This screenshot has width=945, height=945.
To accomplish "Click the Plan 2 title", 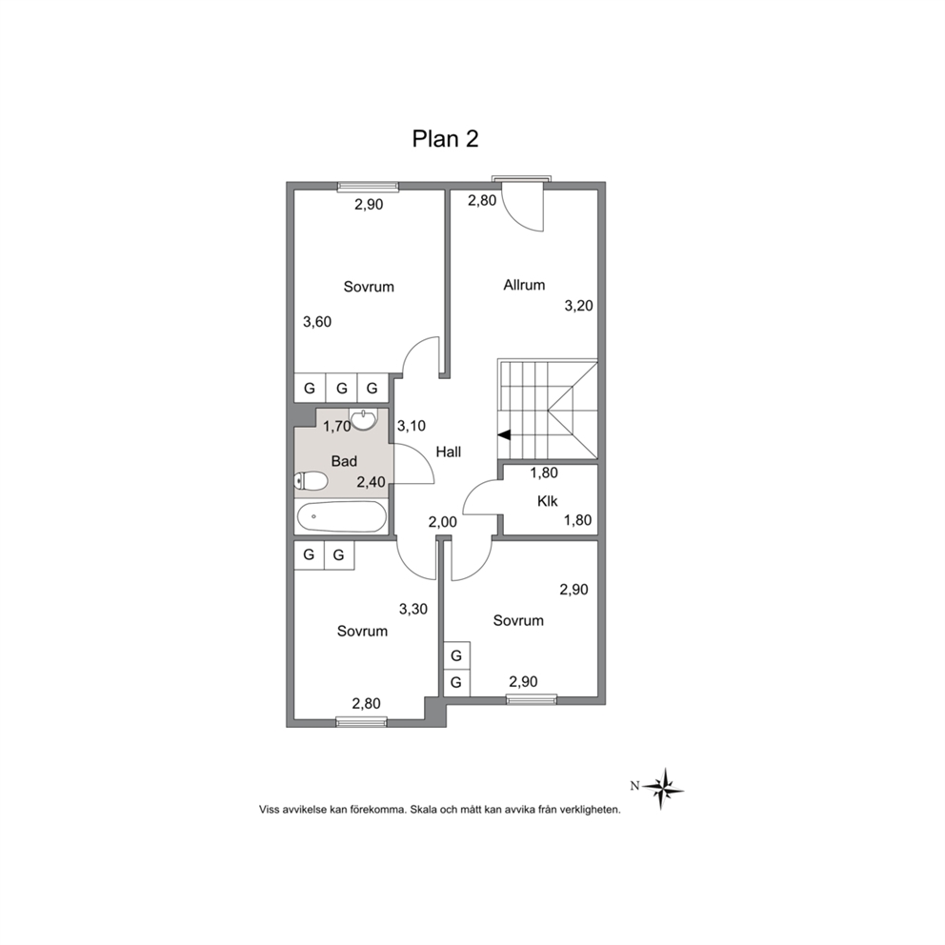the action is click(445, 139).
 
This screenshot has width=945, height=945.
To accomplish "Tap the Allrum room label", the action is click(524, 285).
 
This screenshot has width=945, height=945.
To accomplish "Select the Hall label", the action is click(449, 452).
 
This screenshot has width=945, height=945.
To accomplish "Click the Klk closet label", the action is click(547, 501).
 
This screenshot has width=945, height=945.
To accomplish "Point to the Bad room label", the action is click(344, 461).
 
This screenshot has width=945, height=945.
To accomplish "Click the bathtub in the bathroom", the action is click(342, 517).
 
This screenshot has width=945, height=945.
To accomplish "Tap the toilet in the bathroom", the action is click(311, 481).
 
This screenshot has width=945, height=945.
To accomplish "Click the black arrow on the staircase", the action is click(505, 434).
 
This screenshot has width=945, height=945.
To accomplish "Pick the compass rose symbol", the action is click(662, 789).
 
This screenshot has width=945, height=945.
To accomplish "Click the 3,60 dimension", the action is click(317, 322).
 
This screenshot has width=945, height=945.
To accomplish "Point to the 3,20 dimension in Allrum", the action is click(578, 306).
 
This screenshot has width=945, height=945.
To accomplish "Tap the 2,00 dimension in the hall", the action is click(443, 522).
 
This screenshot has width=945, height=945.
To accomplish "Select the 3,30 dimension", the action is click(413, 609).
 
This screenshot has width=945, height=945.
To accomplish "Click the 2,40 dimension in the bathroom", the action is click(372, 482).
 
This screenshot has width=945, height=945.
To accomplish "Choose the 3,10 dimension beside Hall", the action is click(412, 426).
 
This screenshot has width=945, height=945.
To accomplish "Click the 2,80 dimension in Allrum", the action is click(482, 200).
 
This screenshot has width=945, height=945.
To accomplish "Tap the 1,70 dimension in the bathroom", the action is click(337, 427).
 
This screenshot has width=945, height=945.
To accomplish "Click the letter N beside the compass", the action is click(634, 786).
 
